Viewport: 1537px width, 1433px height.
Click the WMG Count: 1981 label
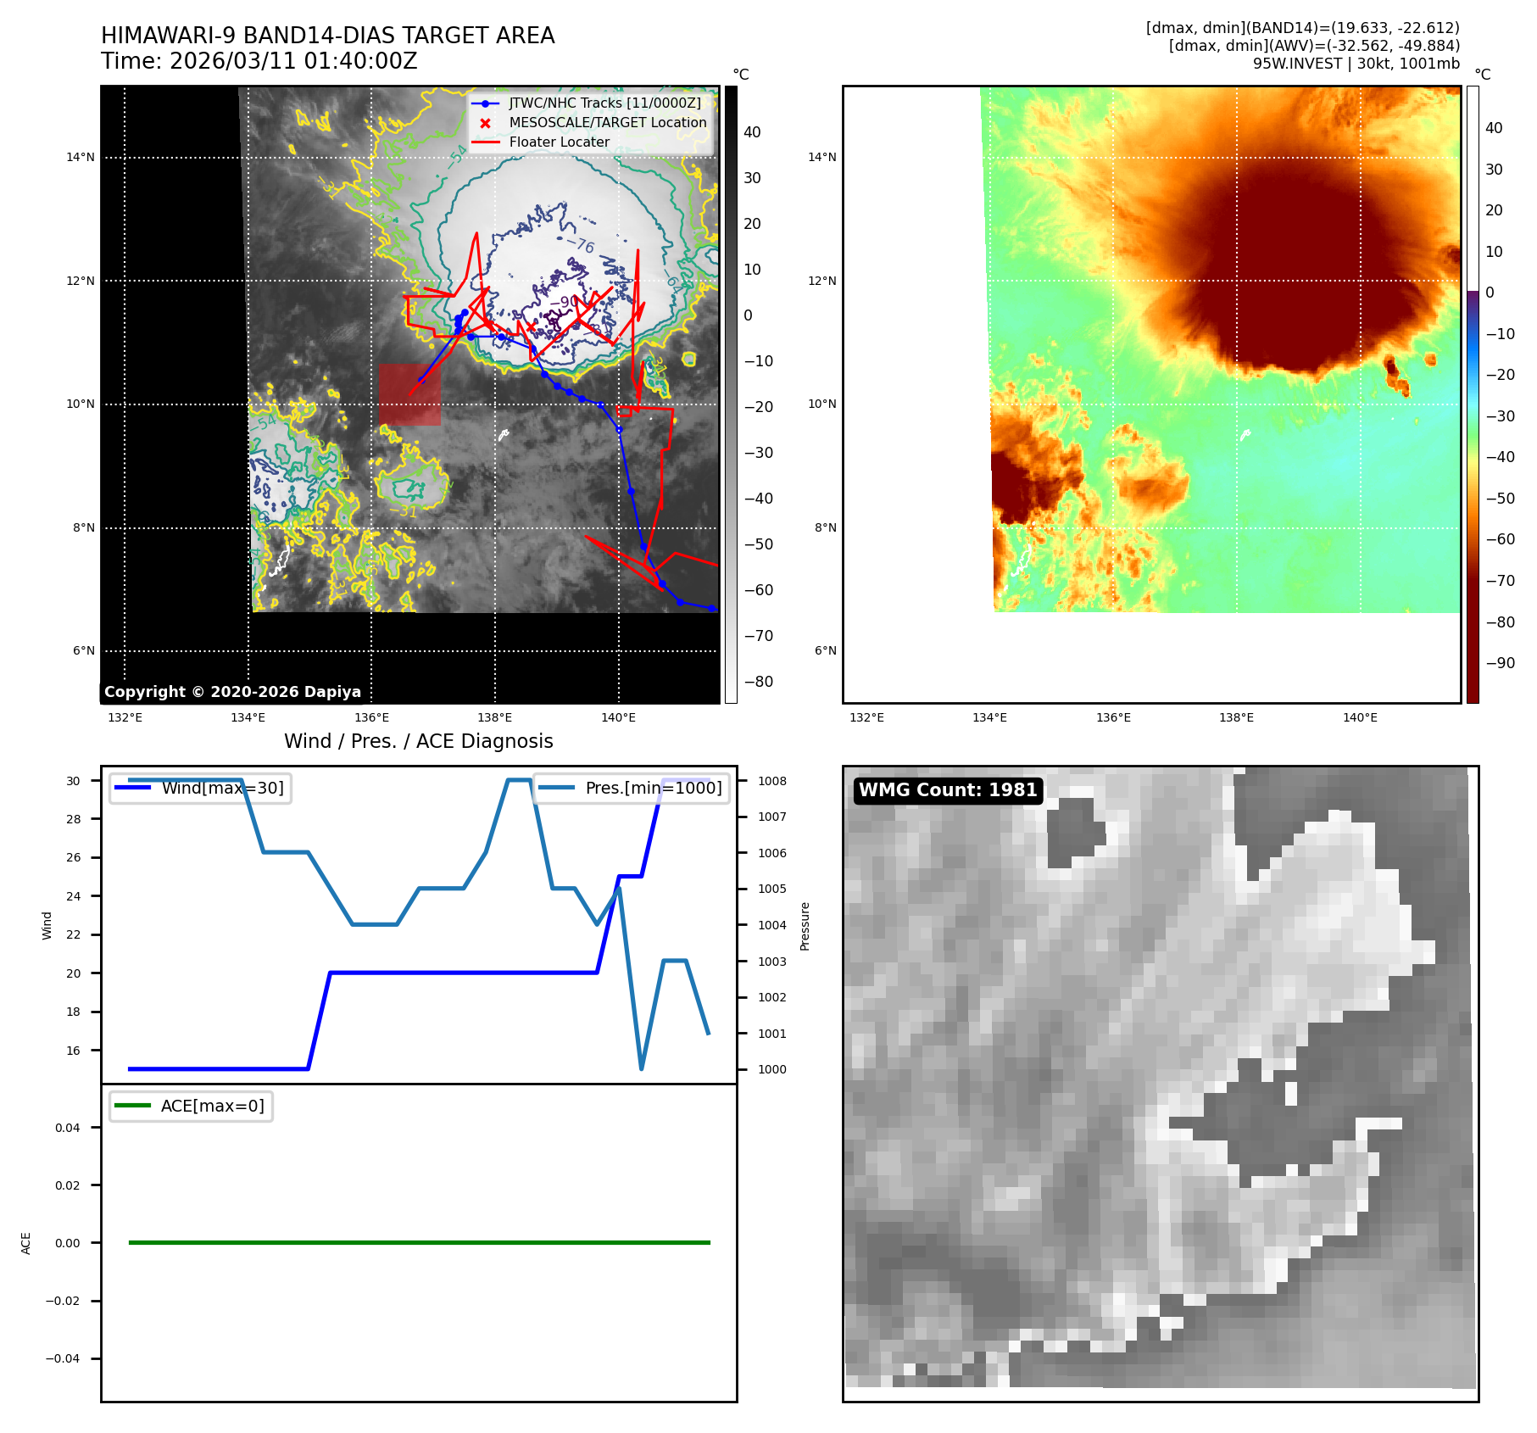pos(948,790)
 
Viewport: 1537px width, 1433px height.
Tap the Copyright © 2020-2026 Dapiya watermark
pos(232,692)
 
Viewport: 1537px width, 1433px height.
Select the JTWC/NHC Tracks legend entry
pos(604,103)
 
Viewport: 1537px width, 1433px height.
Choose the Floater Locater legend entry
pos(559,142)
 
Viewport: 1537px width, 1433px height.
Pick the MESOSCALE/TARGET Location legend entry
pos(607,123)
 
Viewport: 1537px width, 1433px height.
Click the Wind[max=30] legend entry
pos(222,789)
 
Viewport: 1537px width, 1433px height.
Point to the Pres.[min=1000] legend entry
pos(653,789)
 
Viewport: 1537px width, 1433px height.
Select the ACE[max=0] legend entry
pos(212,1107)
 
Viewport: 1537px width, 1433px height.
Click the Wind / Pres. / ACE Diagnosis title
pos(418,742)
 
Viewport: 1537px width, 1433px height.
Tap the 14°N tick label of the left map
pos(81,157)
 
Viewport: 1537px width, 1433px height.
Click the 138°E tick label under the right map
pos(1236,718)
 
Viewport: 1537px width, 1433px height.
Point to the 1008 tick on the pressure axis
pos(771,782)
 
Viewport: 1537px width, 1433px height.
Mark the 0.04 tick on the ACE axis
pos(68,1128)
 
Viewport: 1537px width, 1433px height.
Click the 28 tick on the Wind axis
pos(74,819)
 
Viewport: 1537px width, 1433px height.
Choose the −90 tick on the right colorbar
pos(1500,663)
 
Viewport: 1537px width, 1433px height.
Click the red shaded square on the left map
pos(409,394)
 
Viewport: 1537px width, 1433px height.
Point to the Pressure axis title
pos(805,926)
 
